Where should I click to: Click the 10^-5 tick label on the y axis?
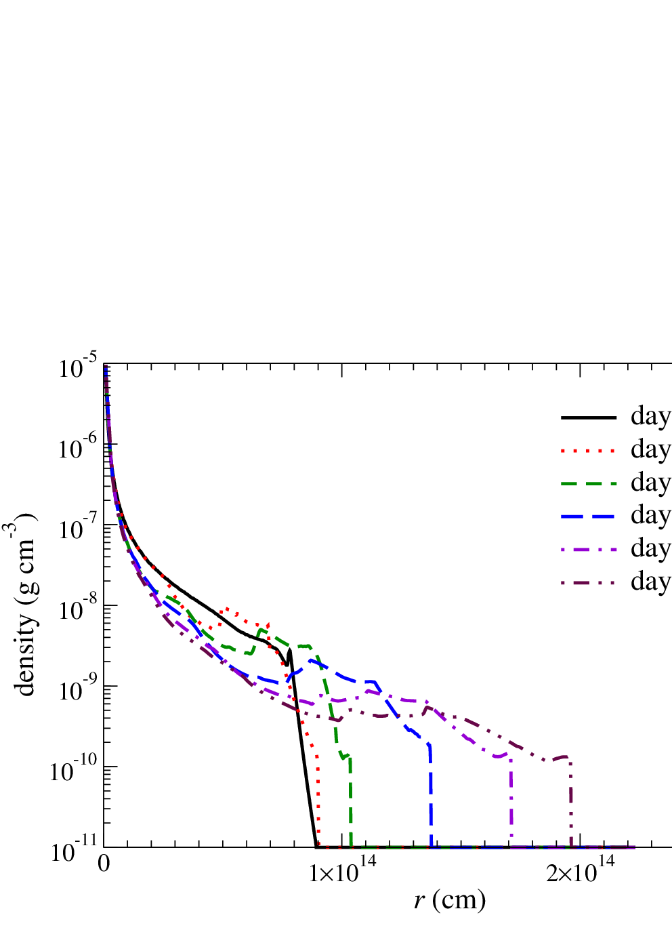click(79, 367)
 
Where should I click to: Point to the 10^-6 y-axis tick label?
click(79, 448)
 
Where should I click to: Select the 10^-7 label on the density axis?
click(79, 528)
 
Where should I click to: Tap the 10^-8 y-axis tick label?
click(79, 609)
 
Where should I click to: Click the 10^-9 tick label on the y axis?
click(79, 690)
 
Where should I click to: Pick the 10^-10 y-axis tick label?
click(75, 771)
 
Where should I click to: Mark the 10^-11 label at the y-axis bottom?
click(75, 851)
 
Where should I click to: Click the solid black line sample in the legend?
click(589, 418)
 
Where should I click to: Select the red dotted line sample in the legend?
click(589, 451)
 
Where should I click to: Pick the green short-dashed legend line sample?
click(589, 483)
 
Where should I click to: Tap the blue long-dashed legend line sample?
click(589, 517)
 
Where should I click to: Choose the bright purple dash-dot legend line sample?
click(589, 549)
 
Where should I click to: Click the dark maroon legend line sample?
click(589, 582)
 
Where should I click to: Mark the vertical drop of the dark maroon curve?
click(572, 806)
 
